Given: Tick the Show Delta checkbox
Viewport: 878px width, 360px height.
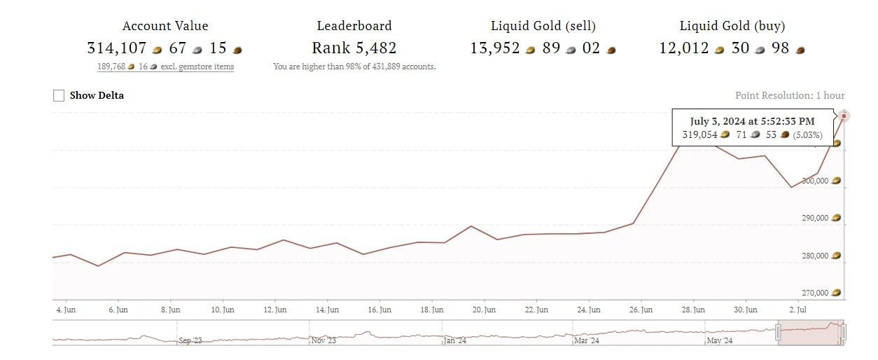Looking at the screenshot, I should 59,95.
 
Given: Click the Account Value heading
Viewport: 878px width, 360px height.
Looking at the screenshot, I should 165,26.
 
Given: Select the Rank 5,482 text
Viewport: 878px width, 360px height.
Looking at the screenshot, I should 354,48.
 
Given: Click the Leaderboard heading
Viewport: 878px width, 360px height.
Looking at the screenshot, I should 354,26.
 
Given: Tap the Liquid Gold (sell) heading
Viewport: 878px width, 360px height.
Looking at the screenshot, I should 543,26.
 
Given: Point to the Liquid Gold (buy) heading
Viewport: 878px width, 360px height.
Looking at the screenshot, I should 732,26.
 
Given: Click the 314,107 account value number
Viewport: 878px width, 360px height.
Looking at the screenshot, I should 117,48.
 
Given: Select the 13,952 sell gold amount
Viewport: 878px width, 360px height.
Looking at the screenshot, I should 495,48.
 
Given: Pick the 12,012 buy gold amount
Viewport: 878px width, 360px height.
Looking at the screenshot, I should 684,48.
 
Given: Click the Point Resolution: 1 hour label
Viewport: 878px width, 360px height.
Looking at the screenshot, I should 790,95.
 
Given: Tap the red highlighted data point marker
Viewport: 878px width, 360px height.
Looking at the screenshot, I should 844,116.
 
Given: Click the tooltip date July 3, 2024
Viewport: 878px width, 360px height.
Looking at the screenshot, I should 752,121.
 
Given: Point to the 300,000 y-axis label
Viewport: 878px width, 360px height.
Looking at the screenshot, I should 815,181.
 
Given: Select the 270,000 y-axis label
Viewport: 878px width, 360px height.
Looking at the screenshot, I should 815,293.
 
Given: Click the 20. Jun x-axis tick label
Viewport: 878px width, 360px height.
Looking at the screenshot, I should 485,310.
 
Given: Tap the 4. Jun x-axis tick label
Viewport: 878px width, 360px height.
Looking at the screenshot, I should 66,310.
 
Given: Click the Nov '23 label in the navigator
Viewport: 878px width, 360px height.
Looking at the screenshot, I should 323,341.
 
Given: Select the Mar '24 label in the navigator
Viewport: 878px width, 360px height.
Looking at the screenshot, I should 587,341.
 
